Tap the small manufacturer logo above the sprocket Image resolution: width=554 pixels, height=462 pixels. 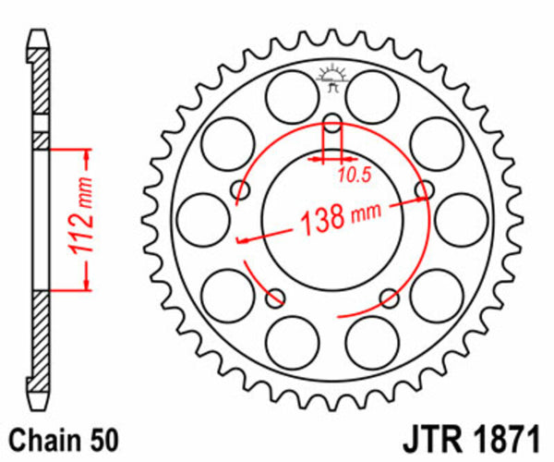click(331, 78)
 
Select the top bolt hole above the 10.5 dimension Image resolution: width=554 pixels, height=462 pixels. click(332, 120)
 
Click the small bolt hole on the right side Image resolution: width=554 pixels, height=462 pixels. click(425, 190)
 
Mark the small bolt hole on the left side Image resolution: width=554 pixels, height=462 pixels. click(242, 190)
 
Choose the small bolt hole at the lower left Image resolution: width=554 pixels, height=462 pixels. click(274, 298)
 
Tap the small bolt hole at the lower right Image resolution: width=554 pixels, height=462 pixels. click(390, 298)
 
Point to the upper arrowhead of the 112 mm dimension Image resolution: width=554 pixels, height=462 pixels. click(86, 150)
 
